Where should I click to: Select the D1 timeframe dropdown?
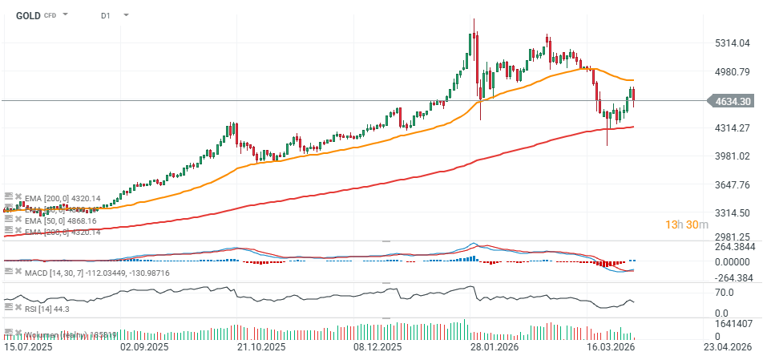click(x=107, y=15)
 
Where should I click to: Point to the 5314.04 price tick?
click(x=733, y=43)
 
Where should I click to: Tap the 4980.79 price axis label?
click(x=733, y=71)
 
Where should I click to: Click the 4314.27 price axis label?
click(x=733, y=128)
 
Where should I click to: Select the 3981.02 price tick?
click(x=733, y=156)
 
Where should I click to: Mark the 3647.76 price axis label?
click(x=733, y=184)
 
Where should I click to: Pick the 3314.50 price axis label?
click(x=733, y=213)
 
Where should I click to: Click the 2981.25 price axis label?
click(x=733, y=237)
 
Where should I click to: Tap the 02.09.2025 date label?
click(x=144, y=347)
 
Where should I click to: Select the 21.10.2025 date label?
click(x=261, y=347)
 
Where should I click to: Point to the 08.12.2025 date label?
click(x=377, y=347)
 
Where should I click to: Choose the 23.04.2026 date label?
click(x=726, y=347)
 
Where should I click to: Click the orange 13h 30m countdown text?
click(x=687, y=224)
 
